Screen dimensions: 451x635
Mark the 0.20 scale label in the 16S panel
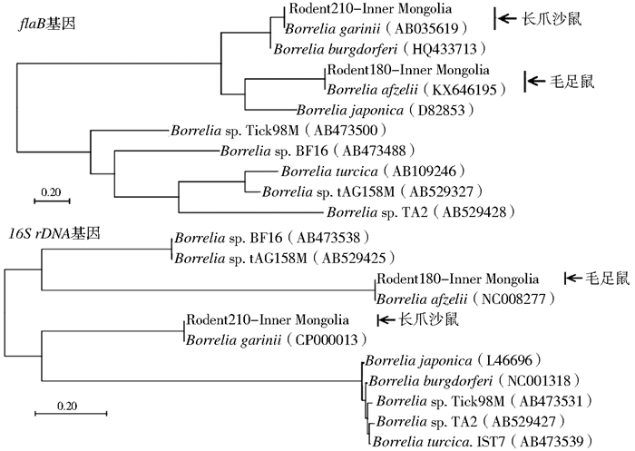coord(62,405)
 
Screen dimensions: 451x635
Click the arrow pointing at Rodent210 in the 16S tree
coord(385,319)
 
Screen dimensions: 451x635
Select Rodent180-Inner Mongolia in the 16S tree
coord(456,278)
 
